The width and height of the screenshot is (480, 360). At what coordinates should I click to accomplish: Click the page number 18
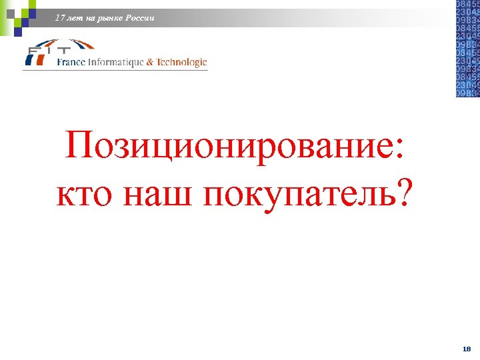(466, 349)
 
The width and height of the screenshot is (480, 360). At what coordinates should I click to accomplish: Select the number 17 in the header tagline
(61, 18)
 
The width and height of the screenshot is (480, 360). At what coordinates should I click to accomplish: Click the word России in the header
(139, 18)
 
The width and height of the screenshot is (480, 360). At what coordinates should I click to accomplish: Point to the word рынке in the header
(108, 18)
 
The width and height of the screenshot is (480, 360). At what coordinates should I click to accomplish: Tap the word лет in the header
(75, 18)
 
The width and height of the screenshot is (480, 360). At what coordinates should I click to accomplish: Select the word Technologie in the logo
(181, 62)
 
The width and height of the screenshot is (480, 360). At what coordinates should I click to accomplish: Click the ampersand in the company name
(149, 62)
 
